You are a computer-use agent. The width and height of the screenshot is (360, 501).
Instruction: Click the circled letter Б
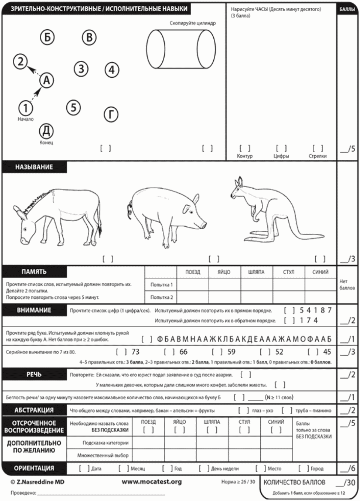click(x=47, y=37)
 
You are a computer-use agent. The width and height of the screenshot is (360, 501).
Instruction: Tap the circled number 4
click(x=111, y=70)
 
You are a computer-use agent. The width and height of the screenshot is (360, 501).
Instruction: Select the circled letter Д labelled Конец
click(x=46, y=131)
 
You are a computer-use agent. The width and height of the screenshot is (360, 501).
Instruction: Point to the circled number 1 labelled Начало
click(x=25, y=108)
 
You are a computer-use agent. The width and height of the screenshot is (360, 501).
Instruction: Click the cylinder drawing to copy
click(x=181, y=49)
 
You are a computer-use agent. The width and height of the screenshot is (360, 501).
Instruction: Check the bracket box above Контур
click(x=244, y=149)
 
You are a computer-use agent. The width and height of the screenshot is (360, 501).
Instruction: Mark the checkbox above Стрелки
click(x=318, y=149)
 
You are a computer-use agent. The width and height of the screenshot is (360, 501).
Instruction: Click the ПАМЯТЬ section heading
click(x=34, y=272)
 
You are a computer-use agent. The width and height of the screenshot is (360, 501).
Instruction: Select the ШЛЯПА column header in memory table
click(x=256, y=272)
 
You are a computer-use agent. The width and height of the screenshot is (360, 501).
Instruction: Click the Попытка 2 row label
click(x=162, y=297)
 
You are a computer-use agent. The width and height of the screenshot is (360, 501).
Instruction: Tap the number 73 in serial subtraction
click(x=135, y=352)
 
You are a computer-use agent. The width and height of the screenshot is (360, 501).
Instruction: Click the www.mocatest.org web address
click(x=151, y=481)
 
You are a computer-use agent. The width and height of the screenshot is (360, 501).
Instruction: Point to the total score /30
click(x=348, y=483)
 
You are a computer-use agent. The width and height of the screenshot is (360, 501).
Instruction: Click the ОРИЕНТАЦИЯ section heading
click(x=34, y=468)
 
